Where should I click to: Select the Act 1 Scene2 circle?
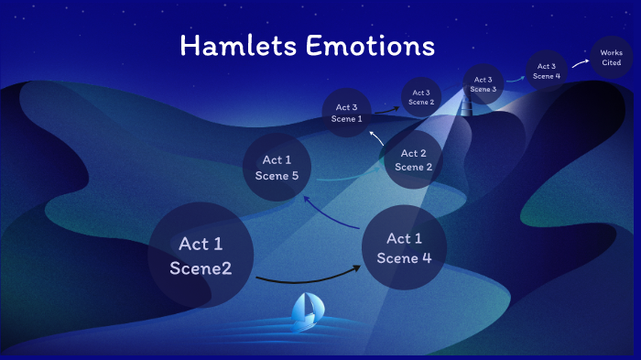pyautogui.click(x=201, y=256)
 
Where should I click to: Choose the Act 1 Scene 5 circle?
pyautogui.click(x=277, y=168)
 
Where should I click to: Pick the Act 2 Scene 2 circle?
pyautogui.click(x=413, y=160)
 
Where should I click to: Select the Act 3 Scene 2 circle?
pyautogui.click(x=421, y=97)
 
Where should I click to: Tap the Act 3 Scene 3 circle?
pyautogui.click(x=483, y=84)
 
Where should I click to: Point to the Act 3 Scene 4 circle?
pyautogui.click(x=547, y=71)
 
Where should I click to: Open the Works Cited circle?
pyautogui.click(x=611, y=58)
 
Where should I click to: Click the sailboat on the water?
pyautogui.click(x=306, y=312)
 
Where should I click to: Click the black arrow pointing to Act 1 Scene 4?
pyautogui.click(x=309, y=276)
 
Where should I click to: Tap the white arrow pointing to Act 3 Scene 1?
pyautogui.click(x=377, y=139)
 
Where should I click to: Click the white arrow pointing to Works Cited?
pyautogui.click(x=580, y=63)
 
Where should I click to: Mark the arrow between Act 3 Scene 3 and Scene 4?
pyautogui.click(x=515, y=79)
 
